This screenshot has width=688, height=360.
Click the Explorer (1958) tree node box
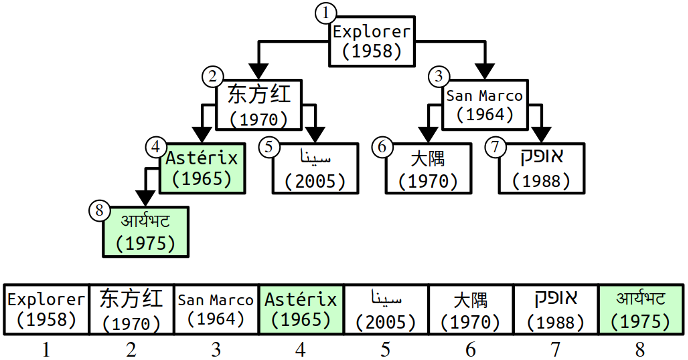coord(371,41)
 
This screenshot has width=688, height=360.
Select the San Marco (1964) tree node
coord(485,104)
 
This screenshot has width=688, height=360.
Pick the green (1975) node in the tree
coord(146,231)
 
